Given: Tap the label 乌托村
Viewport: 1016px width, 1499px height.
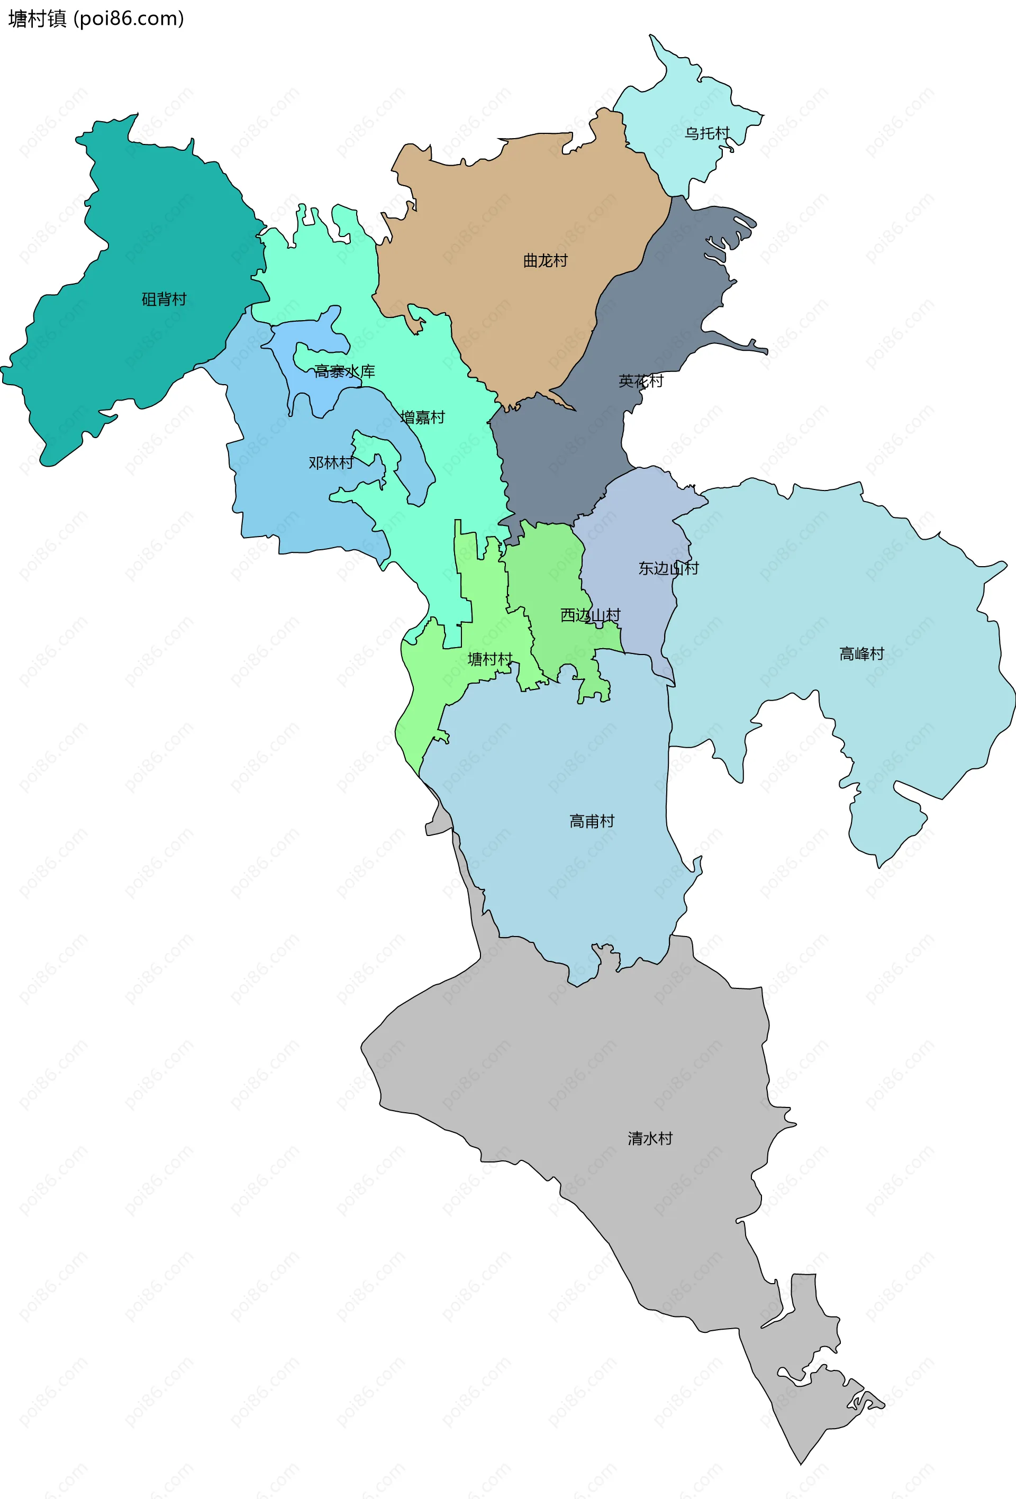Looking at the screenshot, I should [707, 133].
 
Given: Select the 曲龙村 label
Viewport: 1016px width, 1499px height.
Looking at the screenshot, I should [545, 260].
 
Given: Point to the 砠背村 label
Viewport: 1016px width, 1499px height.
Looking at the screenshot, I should [164, 299].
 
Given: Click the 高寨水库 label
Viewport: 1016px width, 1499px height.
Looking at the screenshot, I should [344, 371].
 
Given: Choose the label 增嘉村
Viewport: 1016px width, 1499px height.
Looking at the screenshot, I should [422, 417].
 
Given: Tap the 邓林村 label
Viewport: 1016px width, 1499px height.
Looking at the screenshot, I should [331, 462].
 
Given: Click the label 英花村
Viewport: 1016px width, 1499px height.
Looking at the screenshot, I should [641, 381].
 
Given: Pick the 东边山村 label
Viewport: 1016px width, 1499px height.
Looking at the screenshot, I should [668, 568].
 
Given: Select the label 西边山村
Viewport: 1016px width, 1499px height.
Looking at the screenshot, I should [589, 615].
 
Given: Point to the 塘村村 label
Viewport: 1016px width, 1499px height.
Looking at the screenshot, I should [489, 659].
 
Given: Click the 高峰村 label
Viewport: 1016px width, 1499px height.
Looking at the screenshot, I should [861, 654].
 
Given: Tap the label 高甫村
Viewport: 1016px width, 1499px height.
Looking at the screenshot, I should [592, 821].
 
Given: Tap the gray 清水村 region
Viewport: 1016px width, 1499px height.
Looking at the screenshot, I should [580, 1064].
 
